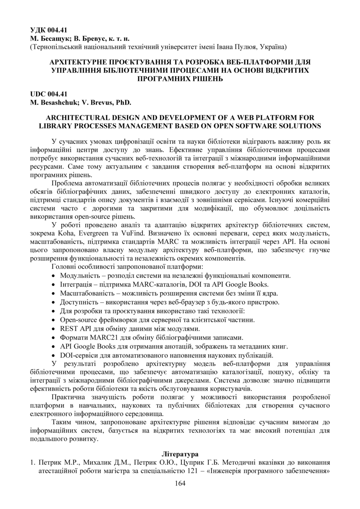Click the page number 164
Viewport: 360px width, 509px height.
(x=180, y=483)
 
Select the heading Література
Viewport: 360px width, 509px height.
(x=180, y=454)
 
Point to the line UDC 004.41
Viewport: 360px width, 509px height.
(x=48, y=94)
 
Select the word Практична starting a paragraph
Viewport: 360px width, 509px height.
(x=69, y=397)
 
